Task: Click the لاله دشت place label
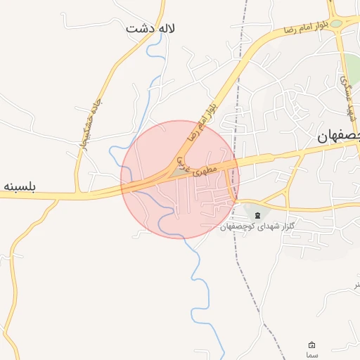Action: [x=150, y=29]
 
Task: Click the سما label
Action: [x=312, y=356]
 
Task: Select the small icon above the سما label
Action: [x=312, y=345]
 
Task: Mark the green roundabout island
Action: [x=337, y=23]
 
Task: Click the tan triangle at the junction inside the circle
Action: [x=174, y=170]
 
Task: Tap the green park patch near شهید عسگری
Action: [x=352, y=67]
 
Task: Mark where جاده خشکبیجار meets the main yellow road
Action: [x=79, y=191]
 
